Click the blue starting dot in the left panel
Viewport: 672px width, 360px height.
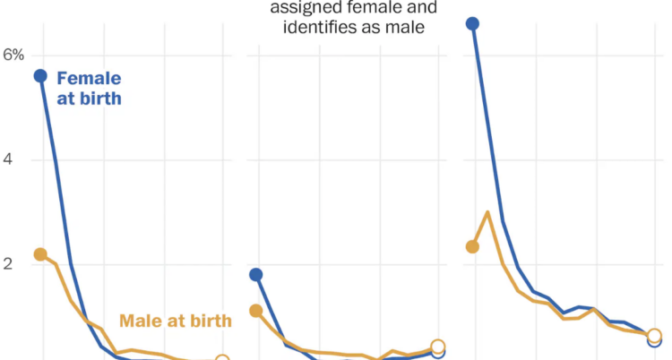[40, 75]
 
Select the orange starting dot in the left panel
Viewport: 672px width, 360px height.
[40, 254]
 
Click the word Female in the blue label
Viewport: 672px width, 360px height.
[89, 78]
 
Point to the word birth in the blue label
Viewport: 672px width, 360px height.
[99, 99]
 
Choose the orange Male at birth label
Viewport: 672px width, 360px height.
[176, 321]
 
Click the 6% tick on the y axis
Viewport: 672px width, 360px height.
[13, 55]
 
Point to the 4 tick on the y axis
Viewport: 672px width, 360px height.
[9, 159]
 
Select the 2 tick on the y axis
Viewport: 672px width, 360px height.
[9, 264]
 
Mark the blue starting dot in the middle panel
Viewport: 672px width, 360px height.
[255, 275]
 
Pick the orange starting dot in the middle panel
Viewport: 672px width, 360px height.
[255, 311]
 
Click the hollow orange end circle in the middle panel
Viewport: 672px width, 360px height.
[438, 347]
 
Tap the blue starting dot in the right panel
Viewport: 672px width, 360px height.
[473, 23]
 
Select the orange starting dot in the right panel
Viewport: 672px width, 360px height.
[473, 246]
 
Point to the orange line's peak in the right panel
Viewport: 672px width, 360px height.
[487, 212]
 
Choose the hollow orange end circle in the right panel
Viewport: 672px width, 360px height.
[655, 337]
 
